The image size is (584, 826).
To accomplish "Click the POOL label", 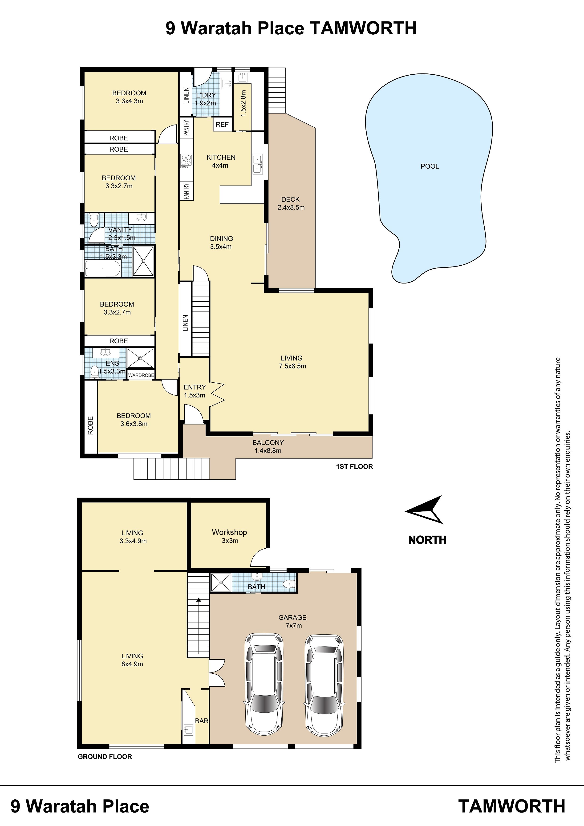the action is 430,166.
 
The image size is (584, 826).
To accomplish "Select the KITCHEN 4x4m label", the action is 221,161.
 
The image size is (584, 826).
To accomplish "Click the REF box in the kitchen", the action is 222,125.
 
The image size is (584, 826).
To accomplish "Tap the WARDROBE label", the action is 141,375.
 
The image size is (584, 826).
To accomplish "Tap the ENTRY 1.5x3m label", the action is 195,391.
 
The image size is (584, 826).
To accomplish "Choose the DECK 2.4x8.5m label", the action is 291,203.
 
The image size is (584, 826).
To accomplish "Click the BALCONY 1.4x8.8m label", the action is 268,446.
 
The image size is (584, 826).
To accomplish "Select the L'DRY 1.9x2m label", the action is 206,99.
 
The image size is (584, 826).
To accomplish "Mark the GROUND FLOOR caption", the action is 105,757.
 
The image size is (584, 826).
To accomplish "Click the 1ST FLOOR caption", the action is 354,467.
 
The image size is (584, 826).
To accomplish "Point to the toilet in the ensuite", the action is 94,371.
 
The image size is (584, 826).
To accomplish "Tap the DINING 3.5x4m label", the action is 221,243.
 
